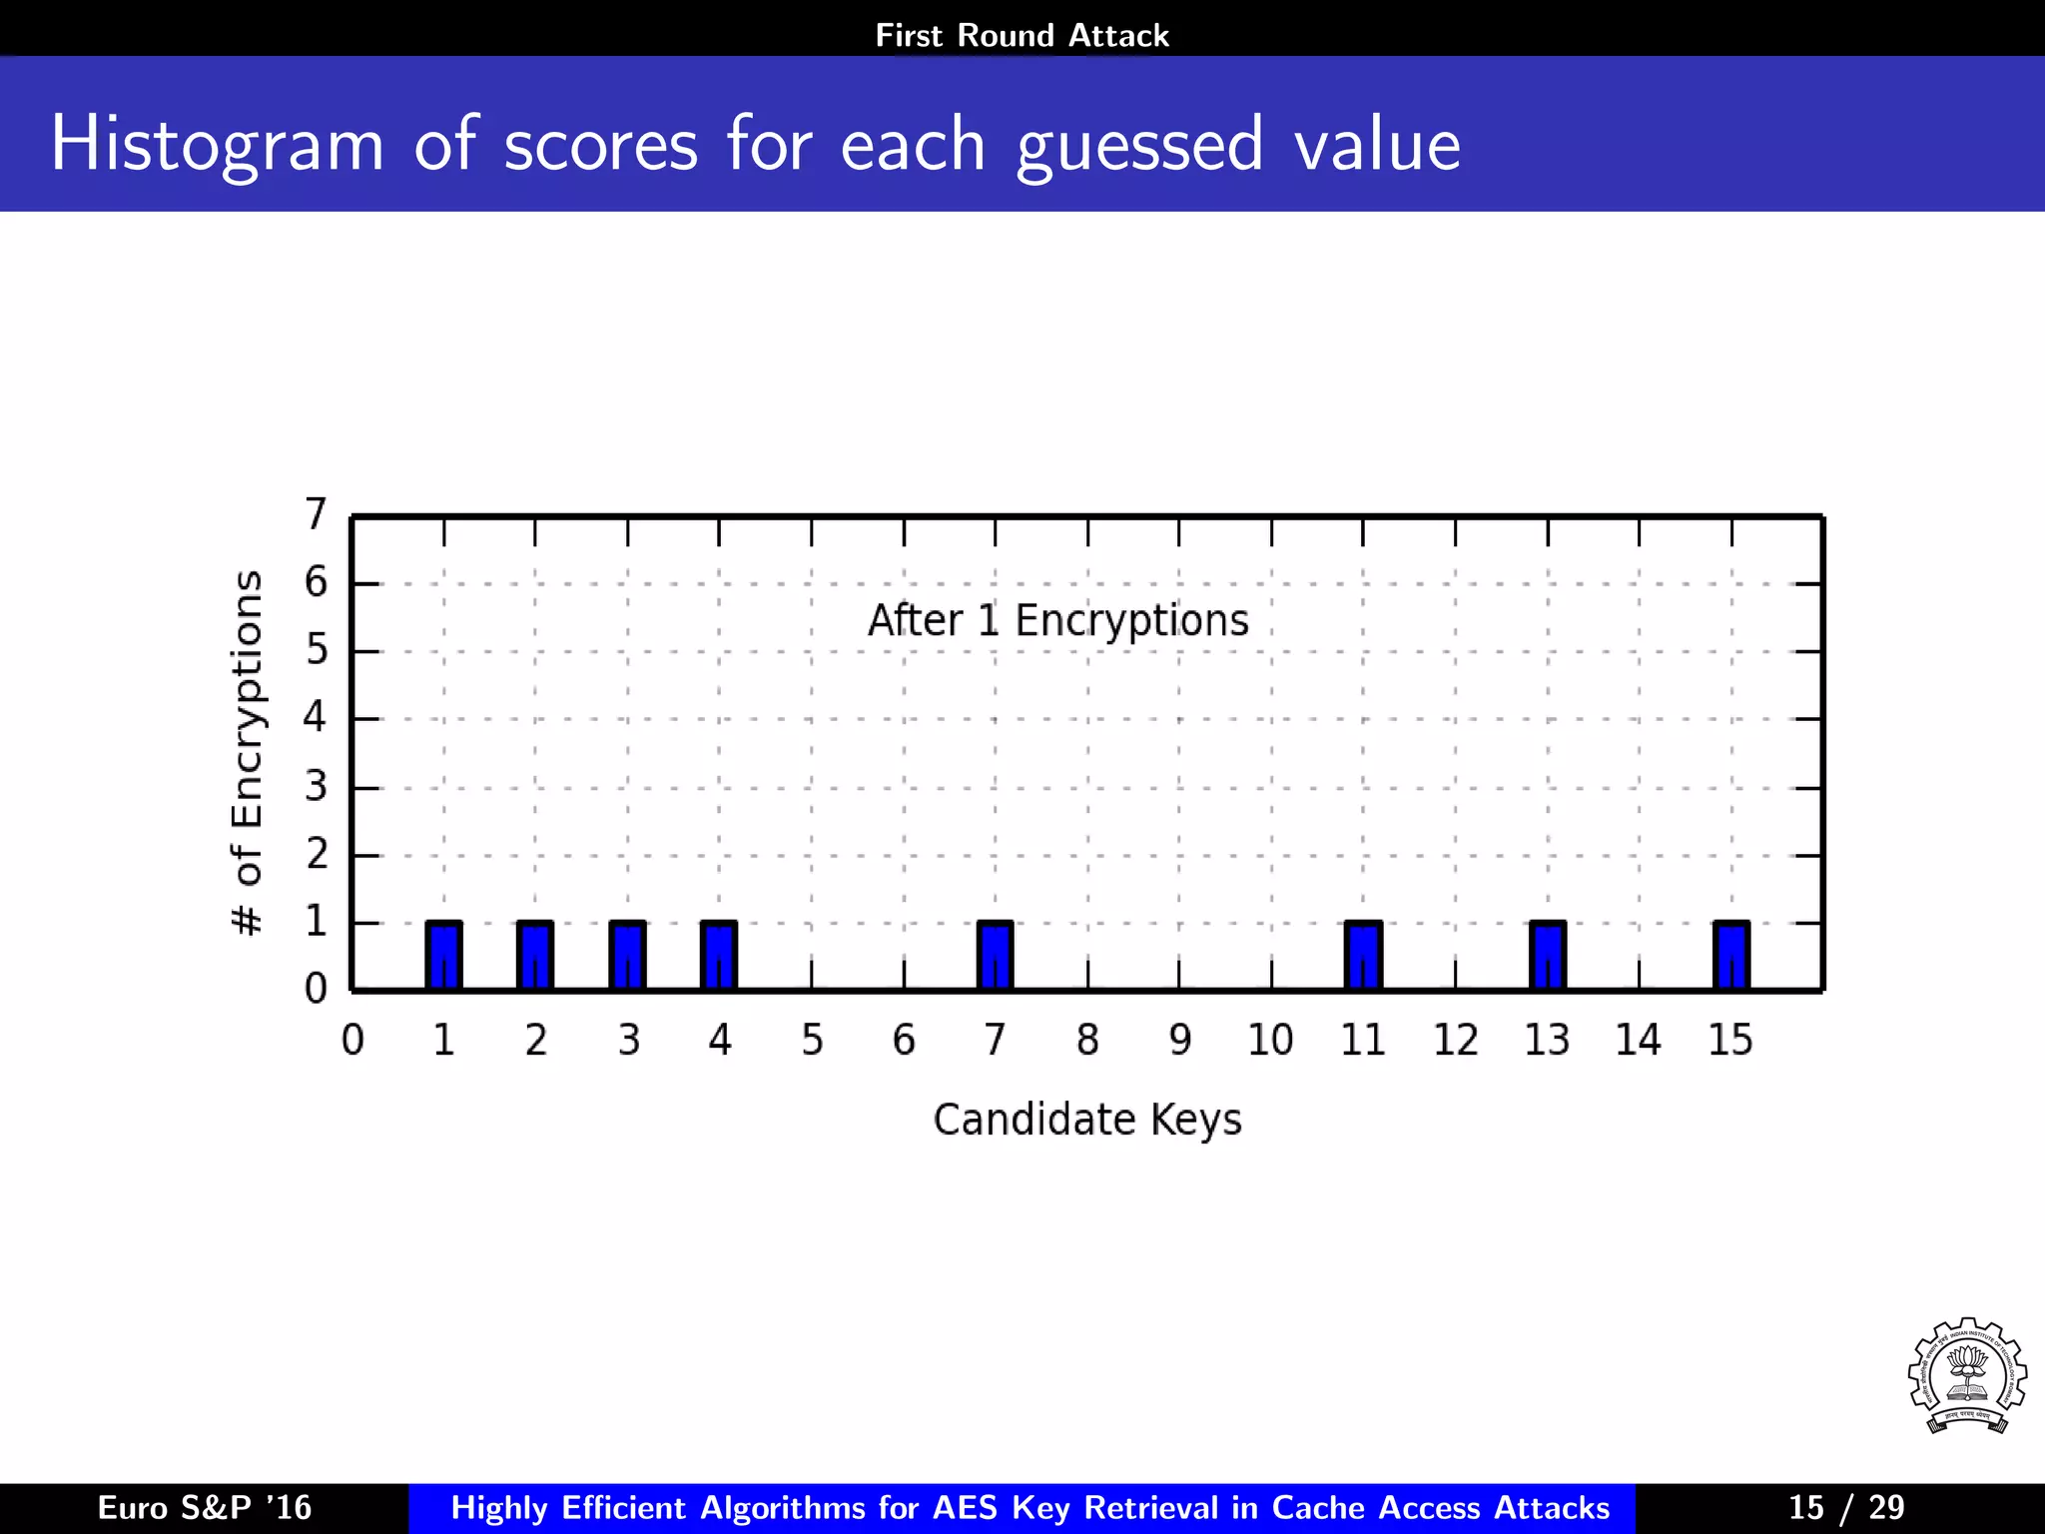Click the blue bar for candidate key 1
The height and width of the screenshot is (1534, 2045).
443,956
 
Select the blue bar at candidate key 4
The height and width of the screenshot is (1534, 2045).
719,956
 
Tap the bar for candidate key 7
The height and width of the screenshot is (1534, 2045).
995,956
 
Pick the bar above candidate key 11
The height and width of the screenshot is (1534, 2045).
1363,956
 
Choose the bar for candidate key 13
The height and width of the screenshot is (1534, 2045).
1548,956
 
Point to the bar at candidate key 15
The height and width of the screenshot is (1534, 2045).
1731,956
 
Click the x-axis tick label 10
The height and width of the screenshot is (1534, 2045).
1270,1041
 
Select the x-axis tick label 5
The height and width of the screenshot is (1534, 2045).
812,1041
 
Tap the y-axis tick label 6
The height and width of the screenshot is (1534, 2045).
316,582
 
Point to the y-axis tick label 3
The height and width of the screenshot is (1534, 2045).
316,787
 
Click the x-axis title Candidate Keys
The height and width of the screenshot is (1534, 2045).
1087,1120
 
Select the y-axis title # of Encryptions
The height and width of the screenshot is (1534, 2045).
247,754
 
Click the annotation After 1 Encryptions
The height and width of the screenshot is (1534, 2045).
1057,620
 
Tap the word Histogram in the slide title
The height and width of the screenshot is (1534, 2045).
217,145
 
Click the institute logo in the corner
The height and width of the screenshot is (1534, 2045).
1966,1376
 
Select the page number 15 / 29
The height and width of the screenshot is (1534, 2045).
1846,1508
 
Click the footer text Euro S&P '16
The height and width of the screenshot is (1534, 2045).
205,1508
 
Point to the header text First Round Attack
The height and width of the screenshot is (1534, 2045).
1022,36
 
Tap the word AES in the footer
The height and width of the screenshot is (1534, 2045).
967,1508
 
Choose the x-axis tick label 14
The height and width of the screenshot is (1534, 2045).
1639,1041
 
